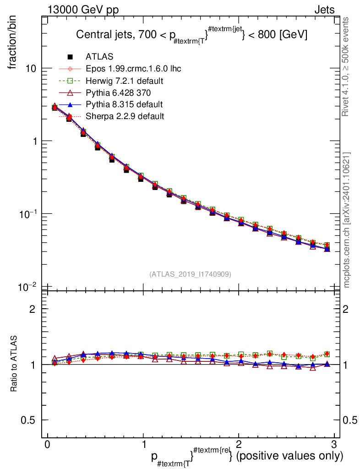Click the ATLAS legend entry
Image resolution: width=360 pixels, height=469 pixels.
(x=99, y=57)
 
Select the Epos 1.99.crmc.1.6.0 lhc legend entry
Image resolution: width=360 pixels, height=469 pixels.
(x=133, y=69)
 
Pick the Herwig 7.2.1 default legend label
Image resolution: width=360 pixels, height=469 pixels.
(x=125, y=81)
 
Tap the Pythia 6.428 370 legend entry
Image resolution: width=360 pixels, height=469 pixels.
(x=118, y=93)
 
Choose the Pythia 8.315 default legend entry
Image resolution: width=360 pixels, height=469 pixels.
(x=124, y=104)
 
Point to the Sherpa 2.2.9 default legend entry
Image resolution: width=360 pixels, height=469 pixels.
(x=125, y=116)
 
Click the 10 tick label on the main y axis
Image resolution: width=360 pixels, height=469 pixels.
(x=31, y=68)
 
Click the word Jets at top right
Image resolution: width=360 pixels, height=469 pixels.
(x=324, y=10)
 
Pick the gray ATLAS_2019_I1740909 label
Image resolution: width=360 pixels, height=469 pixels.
(x=190, y=274)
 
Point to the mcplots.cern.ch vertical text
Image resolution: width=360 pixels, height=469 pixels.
(x=347, y=220)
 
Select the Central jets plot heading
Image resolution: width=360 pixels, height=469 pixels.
(x=191, y=35)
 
